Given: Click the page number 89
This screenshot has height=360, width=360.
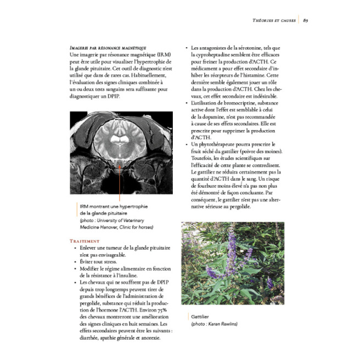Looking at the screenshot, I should pos(305,21).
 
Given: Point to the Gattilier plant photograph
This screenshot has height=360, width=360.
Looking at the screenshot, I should pos(233,263).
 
